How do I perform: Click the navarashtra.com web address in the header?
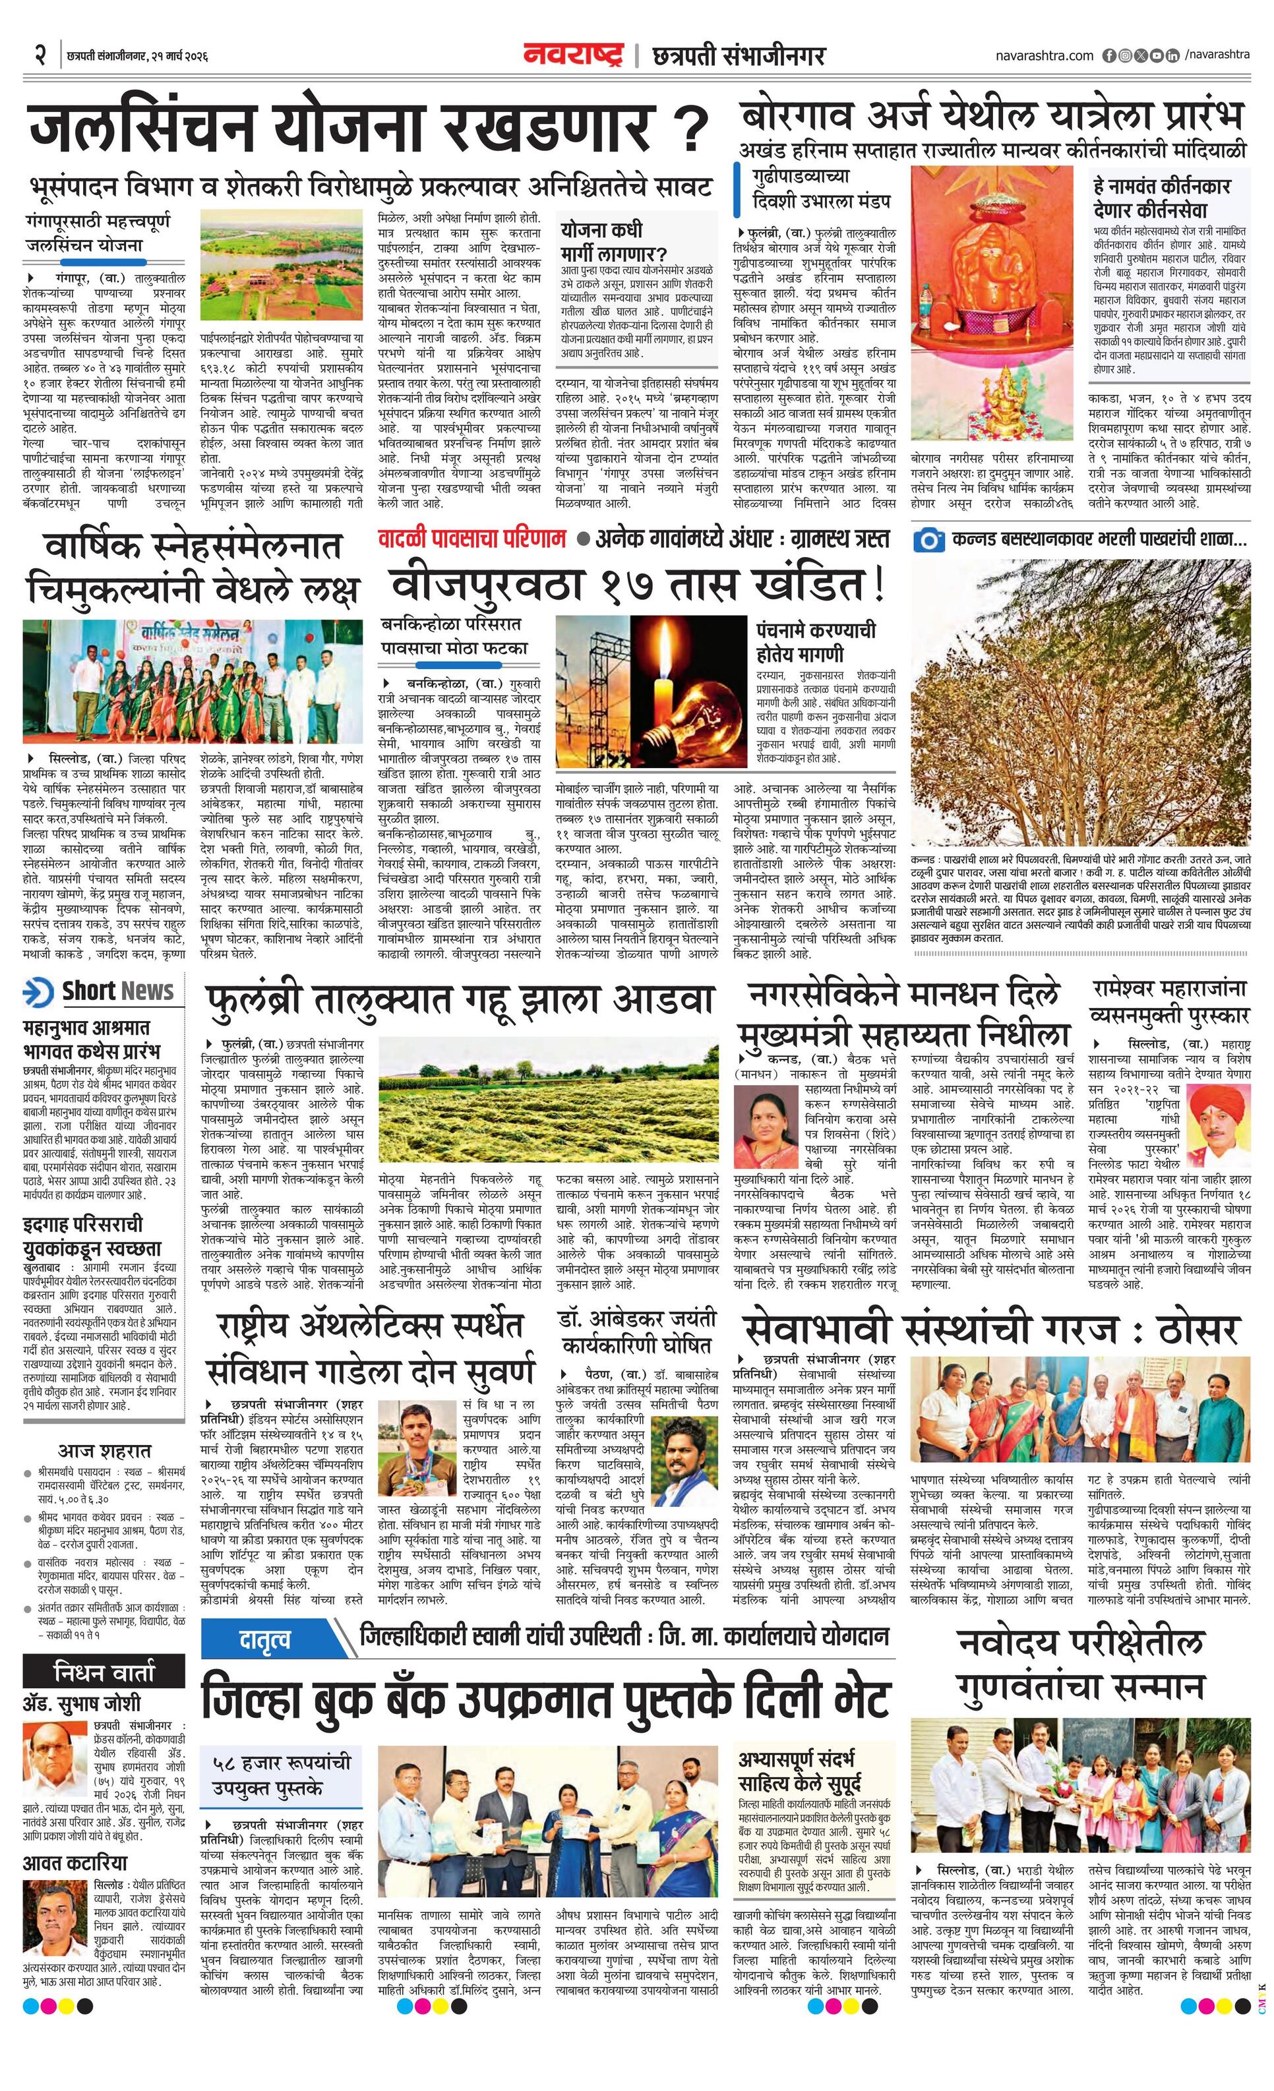(1044, 55)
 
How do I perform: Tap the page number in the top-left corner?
(39, 56)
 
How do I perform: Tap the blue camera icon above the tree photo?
(929, 540)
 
